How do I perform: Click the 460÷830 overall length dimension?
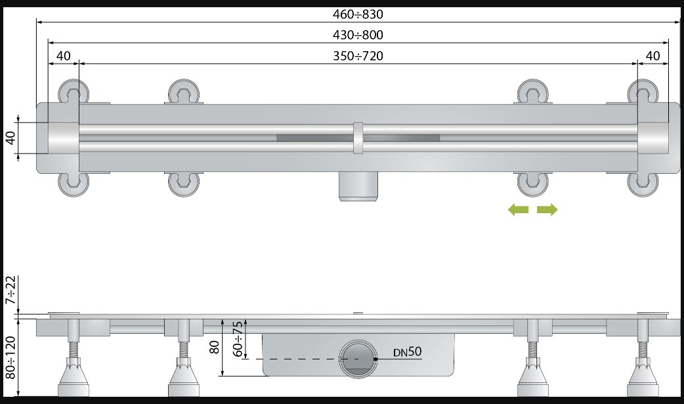click(358, 14)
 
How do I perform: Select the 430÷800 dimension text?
click(358, 35)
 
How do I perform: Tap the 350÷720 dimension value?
click(358, 56)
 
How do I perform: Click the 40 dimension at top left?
click(63, 56)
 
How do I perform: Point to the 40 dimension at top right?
click(652, 56)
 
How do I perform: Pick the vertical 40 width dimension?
click(11, 138)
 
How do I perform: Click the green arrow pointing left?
click(518, 210)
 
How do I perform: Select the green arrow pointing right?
click(547, 210)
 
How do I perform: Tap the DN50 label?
click(408, 352)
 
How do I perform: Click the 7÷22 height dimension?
click(11, 290)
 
